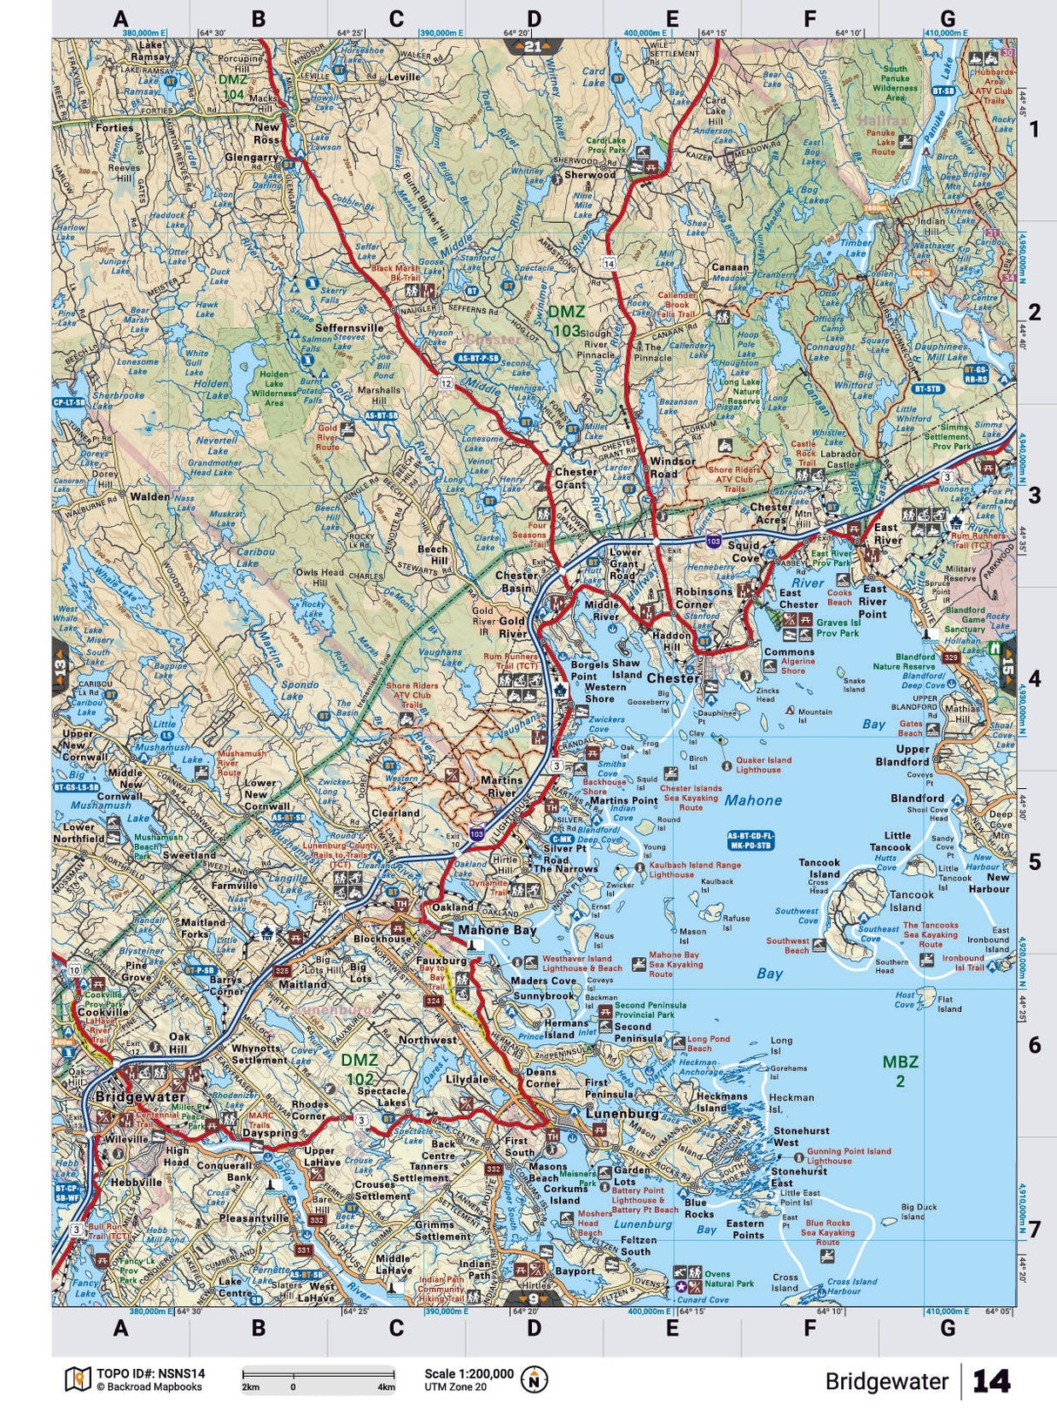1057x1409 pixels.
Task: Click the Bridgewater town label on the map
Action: coord(139,1096)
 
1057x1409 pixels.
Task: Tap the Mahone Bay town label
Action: coord(497,929)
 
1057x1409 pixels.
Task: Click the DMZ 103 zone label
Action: coord(566,320)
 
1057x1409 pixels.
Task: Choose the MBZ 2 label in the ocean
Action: coord(899,1071)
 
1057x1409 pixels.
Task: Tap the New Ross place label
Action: coord(267,133)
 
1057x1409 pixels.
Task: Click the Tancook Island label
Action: coord(911,900)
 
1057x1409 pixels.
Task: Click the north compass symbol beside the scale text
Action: coord(534,1379)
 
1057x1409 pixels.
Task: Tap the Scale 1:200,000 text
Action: coord(468,1373)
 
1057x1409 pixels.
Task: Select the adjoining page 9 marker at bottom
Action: coord(533,1298)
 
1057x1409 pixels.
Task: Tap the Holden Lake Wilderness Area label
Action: coord(273,388)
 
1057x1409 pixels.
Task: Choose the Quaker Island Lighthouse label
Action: coord(764,765)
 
